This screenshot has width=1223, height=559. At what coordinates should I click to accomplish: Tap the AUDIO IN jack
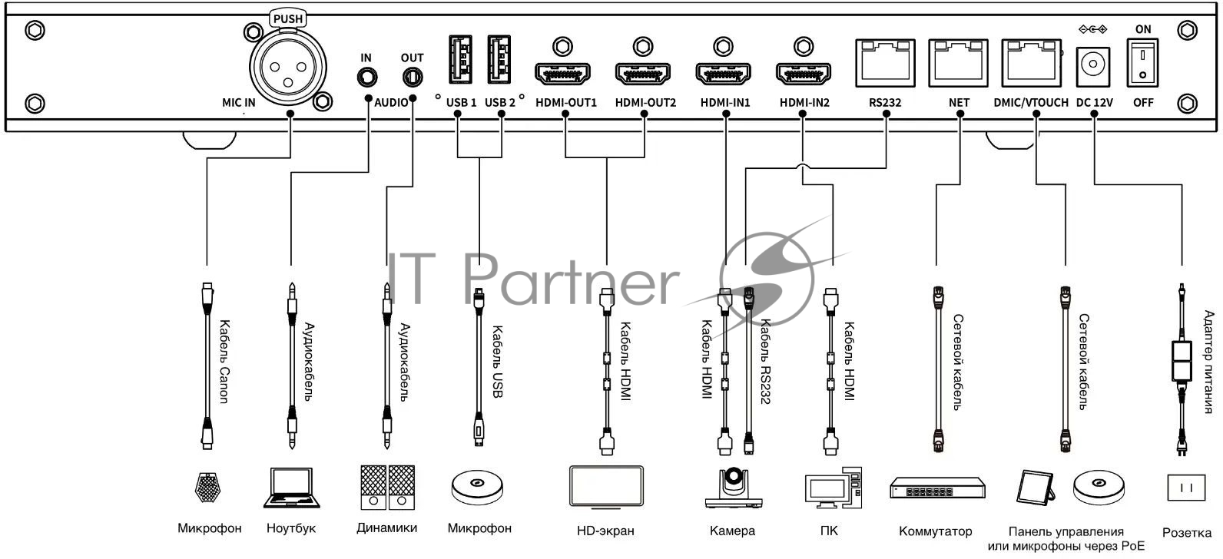click(367, 78)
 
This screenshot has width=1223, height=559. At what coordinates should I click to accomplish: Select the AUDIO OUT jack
click(413, 78)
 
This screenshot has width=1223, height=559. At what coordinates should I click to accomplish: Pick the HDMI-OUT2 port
click(642, 74)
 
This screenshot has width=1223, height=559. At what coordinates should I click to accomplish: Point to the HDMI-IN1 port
click(723, 74)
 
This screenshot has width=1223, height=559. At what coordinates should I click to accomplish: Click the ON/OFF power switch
click(1143, 63)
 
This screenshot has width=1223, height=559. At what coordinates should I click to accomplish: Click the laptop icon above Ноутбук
click(291, 488)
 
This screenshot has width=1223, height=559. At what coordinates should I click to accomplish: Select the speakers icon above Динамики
click(387, 487)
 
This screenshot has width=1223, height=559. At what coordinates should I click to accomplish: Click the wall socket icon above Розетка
click(1184, 488)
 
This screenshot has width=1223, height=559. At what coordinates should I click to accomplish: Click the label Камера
click(732, 531)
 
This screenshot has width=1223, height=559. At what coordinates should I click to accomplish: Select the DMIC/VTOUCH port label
click(1030, 102)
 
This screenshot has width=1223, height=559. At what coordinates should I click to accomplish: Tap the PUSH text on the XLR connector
click(288, 18)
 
